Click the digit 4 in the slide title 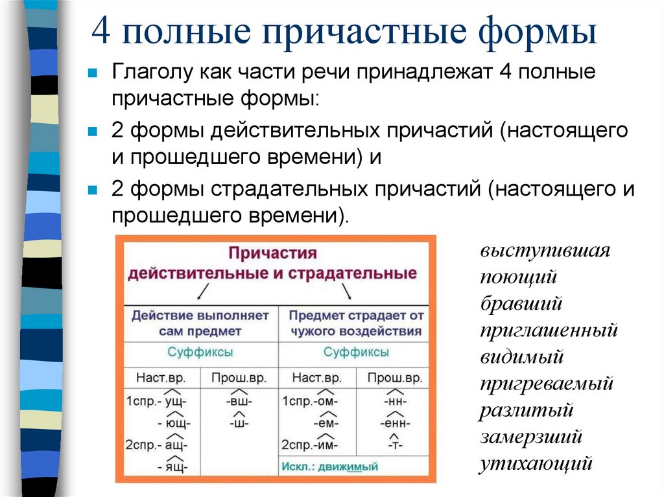click(x=101, y=32)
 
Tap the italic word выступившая click(x=545, y=251)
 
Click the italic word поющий click(x=519, y=277)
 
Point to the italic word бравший click(x=521, y=304)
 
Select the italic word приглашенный click(x=549, y=330)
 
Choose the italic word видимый click(x=522, y=357)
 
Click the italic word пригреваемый click(x=547, y=384)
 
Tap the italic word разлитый click(x=527, y=411)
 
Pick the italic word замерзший click(x=531, y=437)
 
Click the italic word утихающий click(x=536, y=464)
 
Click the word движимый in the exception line click(x=353, y=467)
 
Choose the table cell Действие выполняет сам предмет click(x=200, y=323)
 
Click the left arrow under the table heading click(x=202, y=292)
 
